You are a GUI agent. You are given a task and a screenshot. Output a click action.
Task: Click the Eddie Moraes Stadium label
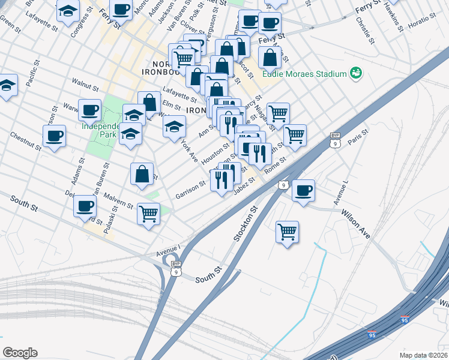(x=304, y=74)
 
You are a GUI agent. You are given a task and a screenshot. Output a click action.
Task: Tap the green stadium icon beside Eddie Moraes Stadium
(x=356, y=73)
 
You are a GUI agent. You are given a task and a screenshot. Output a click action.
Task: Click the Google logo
(x=20, y=353)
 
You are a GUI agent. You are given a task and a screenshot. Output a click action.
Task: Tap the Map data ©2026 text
(x=424, y=354)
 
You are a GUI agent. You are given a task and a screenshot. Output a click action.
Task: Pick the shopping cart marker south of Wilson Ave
(x=288, y=231)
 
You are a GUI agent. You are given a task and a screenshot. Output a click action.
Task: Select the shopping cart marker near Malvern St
(x=148, y=213)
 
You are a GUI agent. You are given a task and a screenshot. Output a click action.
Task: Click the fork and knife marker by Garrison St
(x=221, y=179)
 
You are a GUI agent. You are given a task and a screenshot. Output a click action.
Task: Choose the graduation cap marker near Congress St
(x=67, y=11)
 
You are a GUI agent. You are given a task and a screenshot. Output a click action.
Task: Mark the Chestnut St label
(x=25, y=141)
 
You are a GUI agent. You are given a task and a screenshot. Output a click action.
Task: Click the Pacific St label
(x=31, y=74)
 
